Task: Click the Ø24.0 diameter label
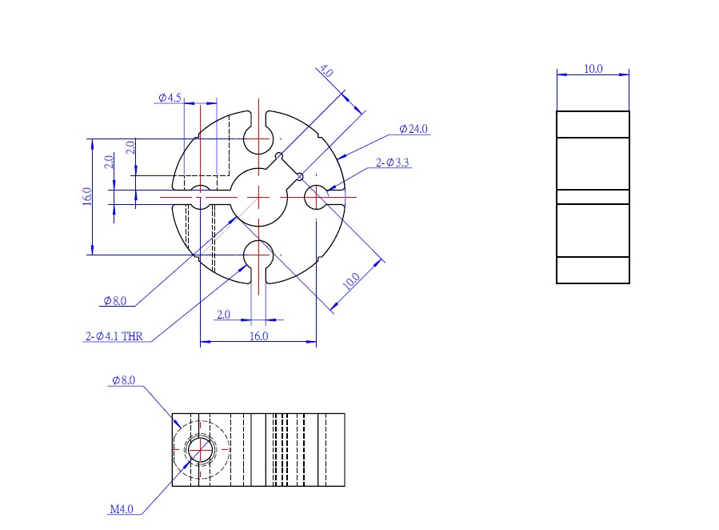point(413,129)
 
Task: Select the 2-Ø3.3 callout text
point(393,163)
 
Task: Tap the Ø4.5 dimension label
point(170,98)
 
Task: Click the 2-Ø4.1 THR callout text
point(114,337)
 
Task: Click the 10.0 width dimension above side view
point(593,69)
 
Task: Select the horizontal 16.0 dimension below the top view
point(258,336)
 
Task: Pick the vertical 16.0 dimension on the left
point(87,197)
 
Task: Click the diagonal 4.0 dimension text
point(326,72)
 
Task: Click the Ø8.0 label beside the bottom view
point(123,381)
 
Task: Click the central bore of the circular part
point(258,196)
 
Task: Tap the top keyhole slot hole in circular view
point(258,139)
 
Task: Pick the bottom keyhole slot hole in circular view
point(258,255)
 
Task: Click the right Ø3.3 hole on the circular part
point(317,196)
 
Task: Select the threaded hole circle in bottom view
point(200,450)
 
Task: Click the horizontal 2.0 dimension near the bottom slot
point(223,315)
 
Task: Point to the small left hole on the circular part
point(201,196)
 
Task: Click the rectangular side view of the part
point(593,197)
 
